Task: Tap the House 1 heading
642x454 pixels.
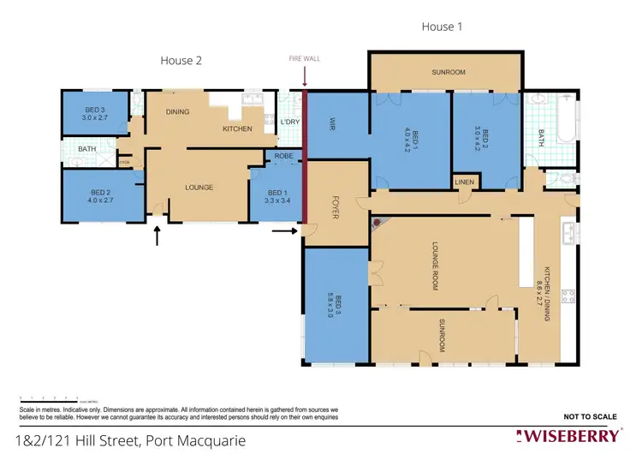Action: tap(443, 27)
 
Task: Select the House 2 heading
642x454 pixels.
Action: tap(181, 60)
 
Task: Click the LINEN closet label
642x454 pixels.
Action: tap(465, 182)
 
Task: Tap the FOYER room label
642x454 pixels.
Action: tap(336, 206)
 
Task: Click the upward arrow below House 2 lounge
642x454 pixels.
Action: tap(157, 236)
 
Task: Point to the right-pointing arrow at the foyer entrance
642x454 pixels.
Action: tap(284, 230)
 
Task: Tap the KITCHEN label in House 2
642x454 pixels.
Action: tap(237, 128)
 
